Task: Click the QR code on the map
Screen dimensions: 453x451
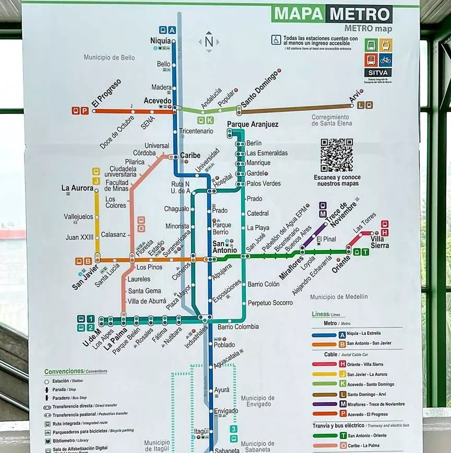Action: (336, 155)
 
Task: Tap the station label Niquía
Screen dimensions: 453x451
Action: (160, 41)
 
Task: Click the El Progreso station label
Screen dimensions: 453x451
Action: (106, 94)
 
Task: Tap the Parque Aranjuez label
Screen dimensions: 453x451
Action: (253, 124)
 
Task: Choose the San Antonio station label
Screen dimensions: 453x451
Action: (225, 247)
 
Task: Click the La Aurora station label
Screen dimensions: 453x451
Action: (77, 188)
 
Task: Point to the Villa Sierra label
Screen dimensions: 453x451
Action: (380, 242)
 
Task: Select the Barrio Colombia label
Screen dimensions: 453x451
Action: (238, 327)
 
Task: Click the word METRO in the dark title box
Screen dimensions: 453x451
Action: (360, 14)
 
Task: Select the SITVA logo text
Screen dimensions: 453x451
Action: (378, 73)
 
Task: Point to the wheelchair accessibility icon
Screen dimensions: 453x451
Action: (276, 40)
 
